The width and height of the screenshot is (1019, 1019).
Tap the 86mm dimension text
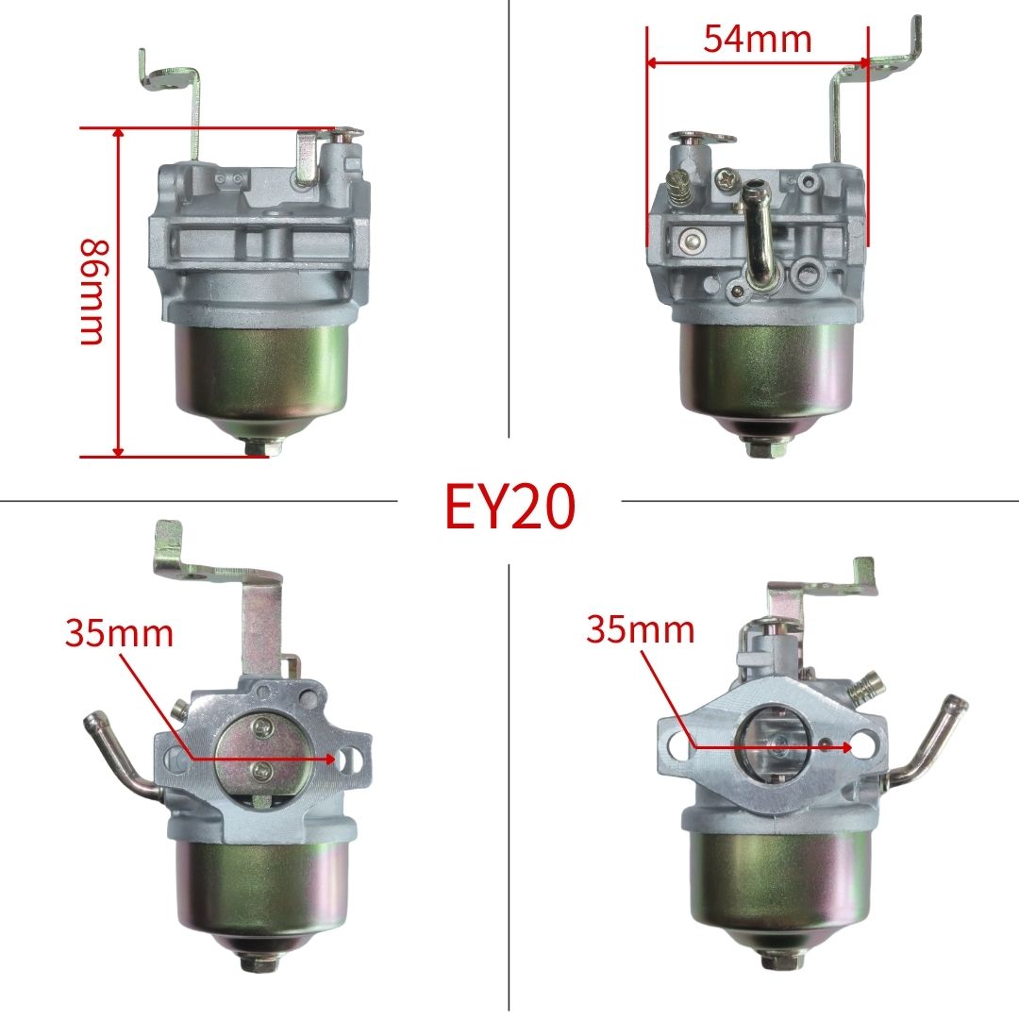pyautogui.click(x=92, y=292)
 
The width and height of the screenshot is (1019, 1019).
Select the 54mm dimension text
pyautogui.click(x=757, y=39)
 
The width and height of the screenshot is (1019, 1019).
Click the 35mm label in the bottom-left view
pyautogui.click(x=119, y=634)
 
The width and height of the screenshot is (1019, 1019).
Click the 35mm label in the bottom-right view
pyautogui.click(x=640, y=629)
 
